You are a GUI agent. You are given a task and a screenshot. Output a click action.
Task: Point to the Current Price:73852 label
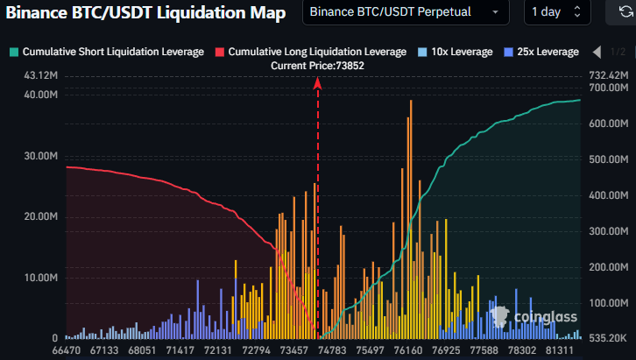(317, 66)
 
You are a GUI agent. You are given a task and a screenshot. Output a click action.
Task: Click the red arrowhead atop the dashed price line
(317, 82)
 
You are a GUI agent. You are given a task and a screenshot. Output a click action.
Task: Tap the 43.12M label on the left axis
(41, 76)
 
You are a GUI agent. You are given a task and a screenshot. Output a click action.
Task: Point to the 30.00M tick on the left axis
(41, 156)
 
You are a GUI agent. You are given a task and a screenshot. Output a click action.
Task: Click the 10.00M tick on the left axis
(41, 278)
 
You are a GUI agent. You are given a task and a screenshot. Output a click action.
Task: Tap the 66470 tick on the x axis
(67, 349)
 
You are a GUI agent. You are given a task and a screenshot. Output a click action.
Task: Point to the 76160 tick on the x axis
(402, 349)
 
